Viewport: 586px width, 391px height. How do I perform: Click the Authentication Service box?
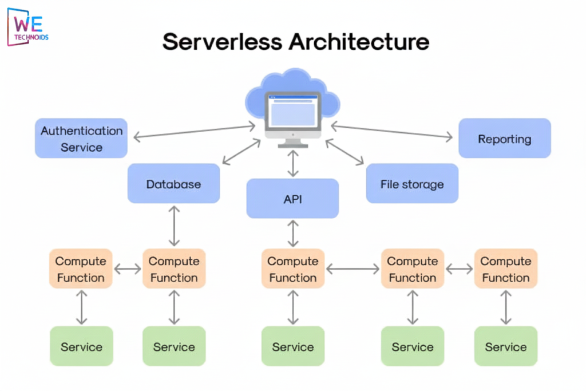coord(81,139)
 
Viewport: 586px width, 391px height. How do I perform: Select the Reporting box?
coord(504,139)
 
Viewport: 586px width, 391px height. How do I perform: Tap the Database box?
coord(173,184)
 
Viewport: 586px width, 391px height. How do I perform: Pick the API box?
coord(292,199)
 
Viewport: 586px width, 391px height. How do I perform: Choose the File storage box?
coord(412,184)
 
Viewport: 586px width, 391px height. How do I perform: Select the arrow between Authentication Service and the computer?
coord(195,132)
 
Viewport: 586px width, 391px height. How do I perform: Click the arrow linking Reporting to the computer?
coord(392,131)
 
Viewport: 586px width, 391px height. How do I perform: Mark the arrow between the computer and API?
coord(293,164)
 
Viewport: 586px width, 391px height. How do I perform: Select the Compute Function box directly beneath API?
coord(293,268)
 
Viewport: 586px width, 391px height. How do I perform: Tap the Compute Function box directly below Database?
coord(174,268)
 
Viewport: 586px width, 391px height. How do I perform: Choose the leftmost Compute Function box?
coord(81,268)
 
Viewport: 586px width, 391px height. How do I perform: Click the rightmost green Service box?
coord(506,346)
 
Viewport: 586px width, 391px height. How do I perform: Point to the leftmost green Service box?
coord(81,346)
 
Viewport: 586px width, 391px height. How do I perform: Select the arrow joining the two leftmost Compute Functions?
coord(127,268)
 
